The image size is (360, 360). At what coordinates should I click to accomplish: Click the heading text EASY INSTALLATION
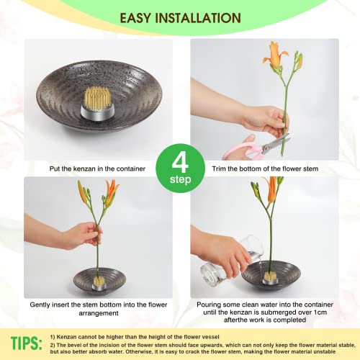tap(180, 17)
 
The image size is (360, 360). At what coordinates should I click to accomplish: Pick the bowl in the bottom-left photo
tap(98, 280)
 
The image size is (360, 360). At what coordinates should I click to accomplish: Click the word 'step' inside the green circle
tap(180, 179)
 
